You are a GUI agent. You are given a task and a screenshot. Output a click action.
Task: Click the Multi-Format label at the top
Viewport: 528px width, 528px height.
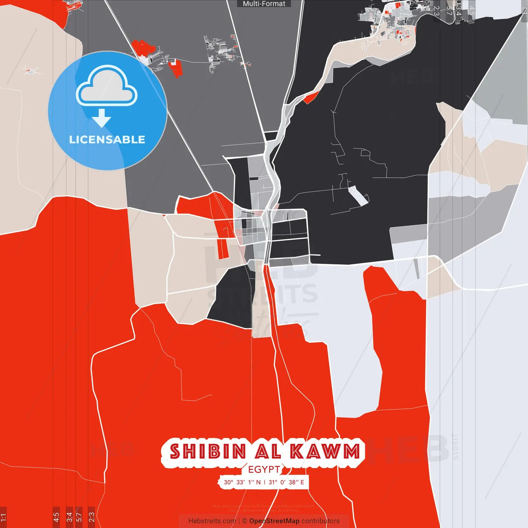264,4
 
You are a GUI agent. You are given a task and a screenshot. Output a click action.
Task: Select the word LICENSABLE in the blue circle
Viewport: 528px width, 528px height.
107,140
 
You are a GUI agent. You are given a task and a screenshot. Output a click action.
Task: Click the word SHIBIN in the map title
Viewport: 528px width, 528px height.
208,452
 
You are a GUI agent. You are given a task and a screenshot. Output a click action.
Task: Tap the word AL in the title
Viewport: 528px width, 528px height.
268,452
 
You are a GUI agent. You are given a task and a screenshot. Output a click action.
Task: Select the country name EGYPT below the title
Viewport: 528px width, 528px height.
264,469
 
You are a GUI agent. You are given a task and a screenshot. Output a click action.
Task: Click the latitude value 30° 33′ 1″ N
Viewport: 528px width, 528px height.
242,482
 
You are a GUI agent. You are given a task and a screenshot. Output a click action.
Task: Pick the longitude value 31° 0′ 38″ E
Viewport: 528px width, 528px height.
286,482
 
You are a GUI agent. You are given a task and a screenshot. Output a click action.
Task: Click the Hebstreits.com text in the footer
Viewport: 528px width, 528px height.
212,521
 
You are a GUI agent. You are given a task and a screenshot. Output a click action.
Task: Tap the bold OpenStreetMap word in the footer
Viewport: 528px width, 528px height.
274,521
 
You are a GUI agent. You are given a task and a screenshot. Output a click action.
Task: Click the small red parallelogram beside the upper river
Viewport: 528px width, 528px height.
311,98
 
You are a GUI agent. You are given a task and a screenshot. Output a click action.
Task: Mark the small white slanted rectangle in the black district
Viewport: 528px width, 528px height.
358,196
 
